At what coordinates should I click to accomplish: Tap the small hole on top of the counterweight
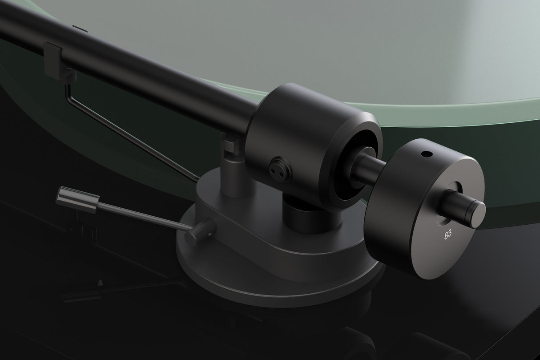coord(427,154)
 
